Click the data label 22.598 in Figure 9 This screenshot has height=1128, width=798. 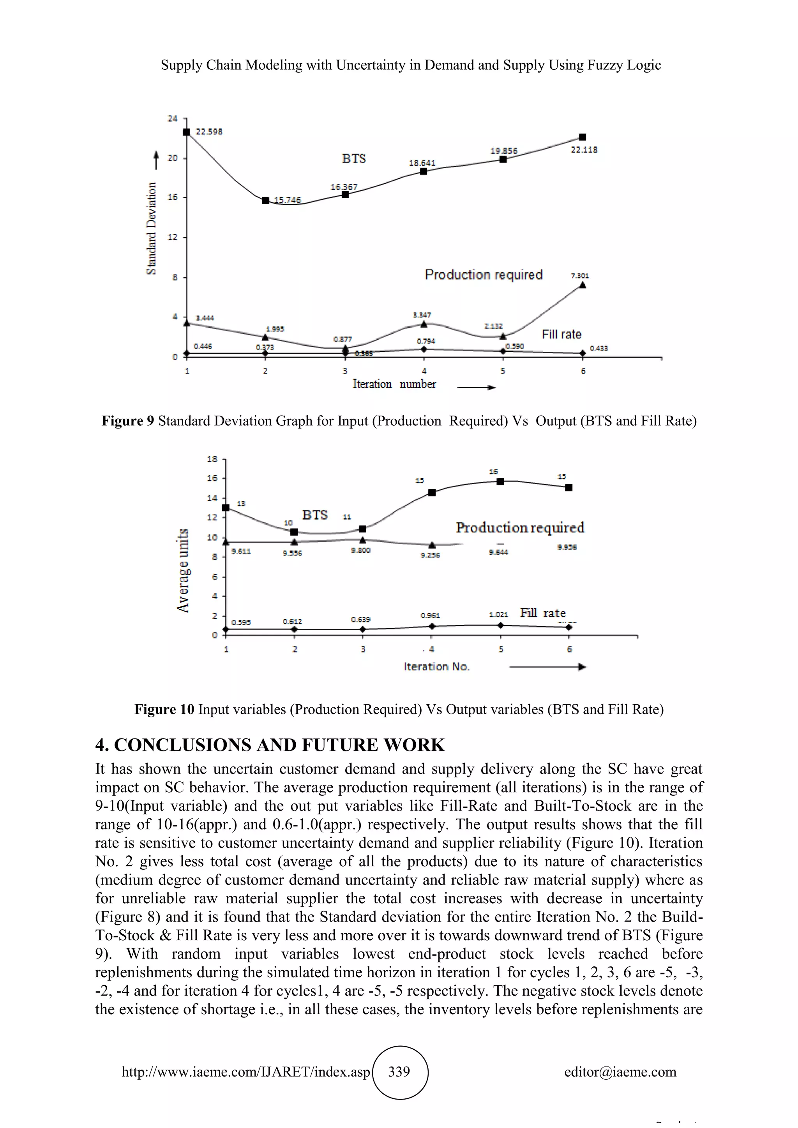(x=209, y=132)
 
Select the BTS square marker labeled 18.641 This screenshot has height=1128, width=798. (x=424, y=171)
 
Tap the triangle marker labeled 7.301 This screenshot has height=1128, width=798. (x=583, y=286)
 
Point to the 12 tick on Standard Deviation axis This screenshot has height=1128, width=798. (x=173, y=237)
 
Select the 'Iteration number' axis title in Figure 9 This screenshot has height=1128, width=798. (x=394, y=384)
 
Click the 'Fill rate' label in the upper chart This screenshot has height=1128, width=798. (x=561, y=335)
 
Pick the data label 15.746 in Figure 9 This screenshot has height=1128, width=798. (x=288, y=200)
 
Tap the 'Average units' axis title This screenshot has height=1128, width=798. (x=183, y=570)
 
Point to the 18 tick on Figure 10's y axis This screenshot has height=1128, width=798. (x=212, y=459)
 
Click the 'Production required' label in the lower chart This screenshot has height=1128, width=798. (x=520, y=528)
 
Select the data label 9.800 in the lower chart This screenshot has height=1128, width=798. (x=361, y=550)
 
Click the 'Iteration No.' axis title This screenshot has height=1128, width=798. (x=436, y=667)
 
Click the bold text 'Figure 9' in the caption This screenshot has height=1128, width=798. (x=128, y=421)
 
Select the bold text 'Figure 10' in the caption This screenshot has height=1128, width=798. (x=164, y=709)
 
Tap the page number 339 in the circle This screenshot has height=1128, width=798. (x=399, y=1072)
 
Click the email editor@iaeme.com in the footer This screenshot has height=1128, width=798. (x=620, y=1072)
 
